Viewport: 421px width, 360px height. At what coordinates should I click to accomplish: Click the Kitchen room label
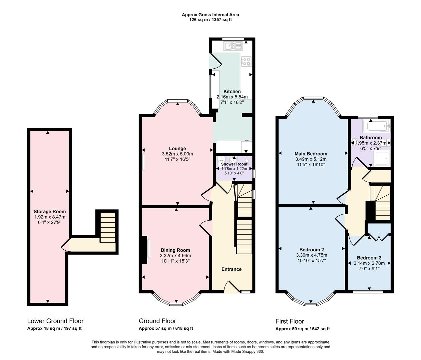point(232,91)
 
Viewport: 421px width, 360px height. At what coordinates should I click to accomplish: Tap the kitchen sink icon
point(233,46)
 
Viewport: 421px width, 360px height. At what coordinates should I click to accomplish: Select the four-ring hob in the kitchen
point(246,61)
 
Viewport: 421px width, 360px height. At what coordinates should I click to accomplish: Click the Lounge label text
point(177,148)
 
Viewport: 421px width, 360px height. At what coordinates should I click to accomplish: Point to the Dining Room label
point(175,250)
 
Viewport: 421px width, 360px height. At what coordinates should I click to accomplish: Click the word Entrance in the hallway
point(231,269)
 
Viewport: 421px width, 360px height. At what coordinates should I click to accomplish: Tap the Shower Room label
point(234,164)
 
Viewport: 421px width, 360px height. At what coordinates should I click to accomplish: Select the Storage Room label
point(50,211)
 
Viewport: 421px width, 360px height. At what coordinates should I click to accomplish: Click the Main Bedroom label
point(311,154)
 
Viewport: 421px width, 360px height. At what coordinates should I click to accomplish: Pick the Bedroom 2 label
point(311,250)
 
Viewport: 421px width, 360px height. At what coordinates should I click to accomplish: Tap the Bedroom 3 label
point(369,258)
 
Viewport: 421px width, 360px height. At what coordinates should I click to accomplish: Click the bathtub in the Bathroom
point(377,126)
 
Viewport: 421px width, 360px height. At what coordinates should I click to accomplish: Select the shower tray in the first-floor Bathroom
point(382,158)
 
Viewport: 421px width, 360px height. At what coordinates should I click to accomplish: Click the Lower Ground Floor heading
point(55,321)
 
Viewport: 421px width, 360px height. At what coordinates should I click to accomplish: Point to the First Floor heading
point(289,321)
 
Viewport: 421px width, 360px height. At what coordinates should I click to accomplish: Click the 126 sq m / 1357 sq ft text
point(210,20)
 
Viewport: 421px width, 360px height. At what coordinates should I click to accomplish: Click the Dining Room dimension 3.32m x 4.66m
point(175,256)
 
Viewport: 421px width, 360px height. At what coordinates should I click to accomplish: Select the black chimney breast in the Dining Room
point(145,250)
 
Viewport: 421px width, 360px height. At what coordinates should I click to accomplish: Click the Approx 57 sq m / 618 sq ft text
point(166,328)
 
